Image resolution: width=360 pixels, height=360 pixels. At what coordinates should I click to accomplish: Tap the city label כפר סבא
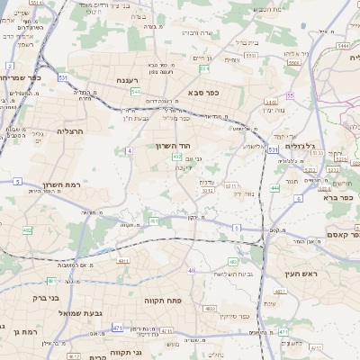point(205,91)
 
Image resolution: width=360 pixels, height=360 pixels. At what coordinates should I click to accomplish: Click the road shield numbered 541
point(134,92)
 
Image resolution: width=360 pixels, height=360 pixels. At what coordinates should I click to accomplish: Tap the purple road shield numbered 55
point(290,95)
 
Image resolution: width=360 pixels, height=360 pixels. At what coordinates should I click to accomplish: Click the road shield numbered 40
point(191,270)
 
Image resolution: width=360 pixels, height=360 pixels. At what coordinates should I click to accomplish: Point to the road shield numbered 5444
point(342,45)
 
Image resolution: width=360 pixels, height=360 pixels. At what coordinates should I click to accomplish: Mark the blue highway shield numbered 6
point(298,198)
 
